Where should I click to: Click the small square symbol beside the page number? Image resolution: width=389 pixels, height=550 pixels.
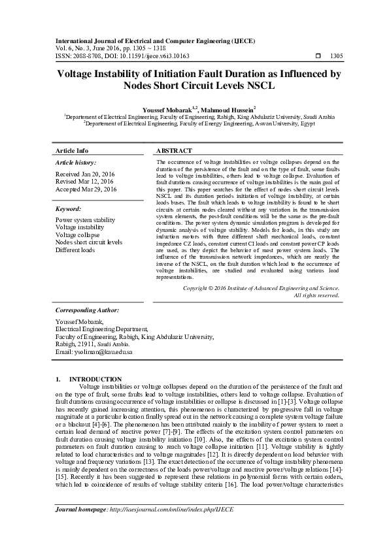318,56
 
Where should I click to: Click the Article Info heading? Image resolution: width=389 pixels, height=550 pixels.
72,151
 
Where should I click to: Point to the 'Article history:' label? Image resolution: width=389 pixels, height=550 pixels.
76,162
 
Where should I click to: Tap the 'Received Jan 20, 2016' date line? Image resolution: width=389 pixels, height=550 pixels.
85,174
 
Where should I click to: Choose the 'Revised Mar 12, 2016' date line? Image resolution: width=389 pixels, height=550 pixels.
85,182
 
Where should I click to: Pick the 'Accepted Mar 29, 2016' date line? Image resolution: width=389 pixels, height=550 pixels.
86,189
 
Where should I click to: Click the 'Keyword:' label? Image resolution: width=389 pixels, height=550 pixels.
68,209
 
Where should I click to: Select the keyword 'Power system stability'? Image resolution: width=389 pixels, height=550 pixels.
85,221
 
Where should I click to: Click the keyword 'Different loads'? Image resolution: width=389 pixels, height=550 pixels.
76,249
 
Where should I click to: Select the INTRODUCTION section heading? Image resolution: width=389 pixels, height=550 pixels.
95,379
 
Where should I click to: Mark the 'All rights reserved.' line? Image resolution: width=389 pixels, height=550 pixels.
316,295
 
